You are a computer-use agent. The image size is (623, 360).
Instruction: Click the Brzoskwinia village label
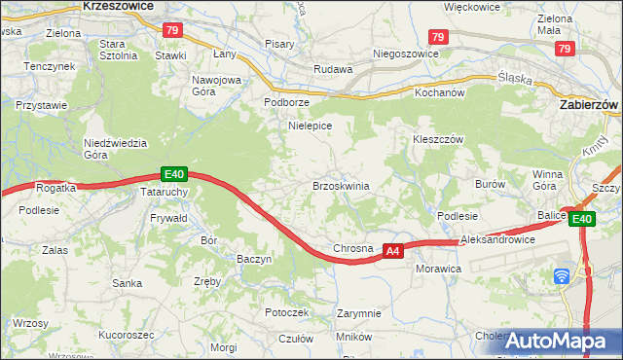(340, 185)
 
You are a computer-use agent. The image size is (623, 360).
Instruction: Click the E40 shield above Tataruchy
(173, 174)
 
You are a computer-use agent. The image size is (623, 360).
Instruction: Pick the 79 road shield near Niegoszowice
(438, 37)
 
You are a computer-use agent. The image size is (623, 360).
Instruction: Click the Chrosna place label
(353, 248)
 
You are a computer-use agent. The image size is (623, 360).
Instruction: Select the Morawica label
(436, 267)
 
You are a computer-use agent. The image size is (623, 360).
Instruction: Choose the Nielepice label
(311, 126)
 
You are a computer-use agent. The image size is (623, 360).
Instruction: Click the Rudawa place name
(331, 69)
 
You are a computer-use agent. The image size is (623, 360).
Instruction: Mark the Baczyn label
(254, 259)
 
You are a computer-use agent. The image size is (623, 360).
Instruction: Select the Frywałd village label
(168, 219)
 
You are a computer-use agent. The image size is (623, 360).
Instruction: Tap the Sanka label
(128, 283)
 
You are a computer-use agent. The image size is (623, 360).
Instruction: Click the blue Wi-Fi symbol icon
(562, 275)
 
